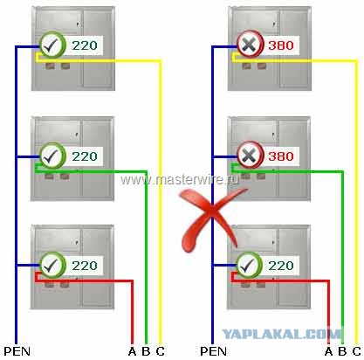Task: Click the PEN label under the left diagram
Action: tap(17, 351)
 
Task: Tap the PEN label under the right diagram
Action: tap(214, 351)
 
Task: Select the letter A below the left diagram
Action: tap(132, 351)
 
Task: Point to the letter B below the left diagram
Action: tap(146, 351)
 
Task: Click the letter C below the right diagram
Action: tap(357, 351)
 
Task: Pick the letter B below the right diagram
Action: tap(342, 351)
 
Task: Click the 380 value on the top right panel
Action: tap(281, 45)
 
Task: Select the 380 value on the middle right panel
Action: tap(281, 156)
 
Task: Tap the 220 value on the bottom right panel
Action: tap(281, 266)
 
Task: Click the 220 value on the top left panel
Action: tap(85, 45)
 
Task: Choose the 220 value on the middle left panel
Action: tap(85, 156)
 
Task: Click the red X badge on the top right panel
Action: tap(250, 45)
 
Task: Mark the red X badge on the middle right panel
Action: tap(250, 156)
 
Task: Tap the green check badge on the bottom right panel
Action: tap(250, 265)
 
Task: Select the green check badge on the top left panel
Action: tap(52, 45)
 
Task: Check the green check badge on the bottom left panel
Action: tap(52, 265)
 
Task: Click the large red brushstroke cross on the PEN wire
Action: tap(211, 216)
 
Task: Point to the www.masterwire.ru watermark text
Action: tap(180, 180)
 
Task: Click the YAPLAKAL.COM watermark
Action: tap(282, 334)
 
